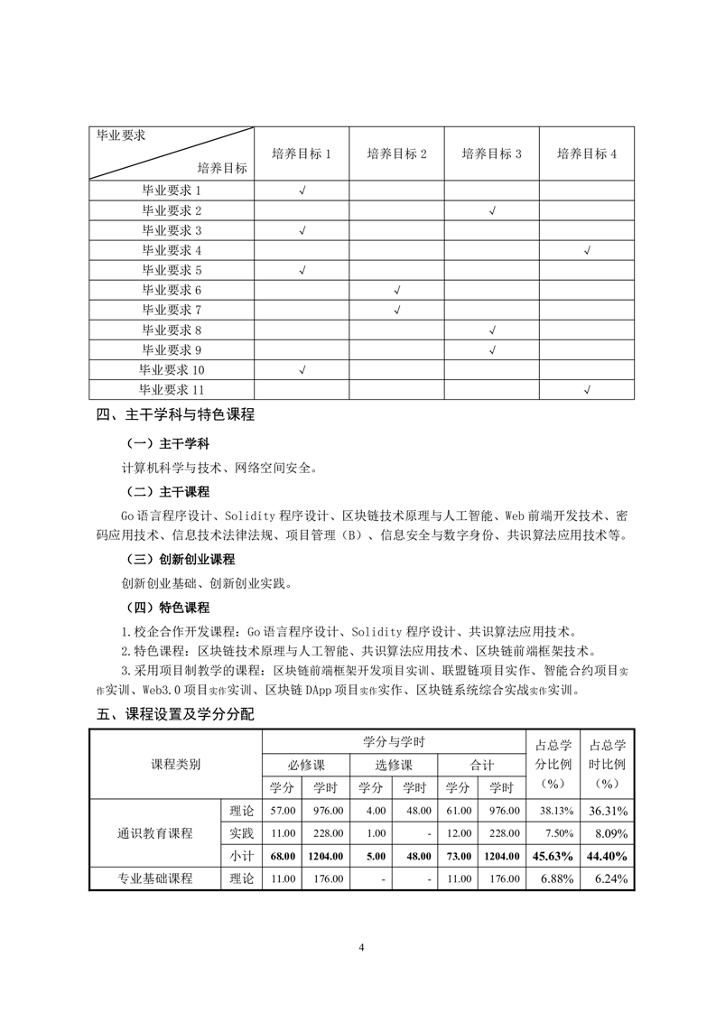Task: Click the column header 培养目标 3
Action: pos(491,153)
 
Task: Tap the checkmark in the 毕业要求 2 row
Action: pos(492,210)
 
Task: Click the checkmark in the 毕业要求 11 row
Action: pos(587,389)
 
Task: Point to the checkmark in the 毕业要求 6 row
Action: pos(397,290)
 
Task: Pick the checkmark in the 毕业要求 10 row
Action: pos(302,369)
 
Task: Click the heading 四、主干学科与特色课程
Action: pos(175,415)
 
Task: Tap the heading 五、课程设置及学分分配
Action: pos(175,714)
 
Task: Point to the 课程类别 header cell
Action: pos(175,764)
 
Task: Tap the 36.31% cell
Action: pos(608,810)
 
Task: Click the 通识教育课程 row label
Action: pos(155,832)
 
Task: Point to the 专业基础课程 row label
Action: pos(155,878)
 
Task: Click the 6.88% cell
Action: pos(552,878)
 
